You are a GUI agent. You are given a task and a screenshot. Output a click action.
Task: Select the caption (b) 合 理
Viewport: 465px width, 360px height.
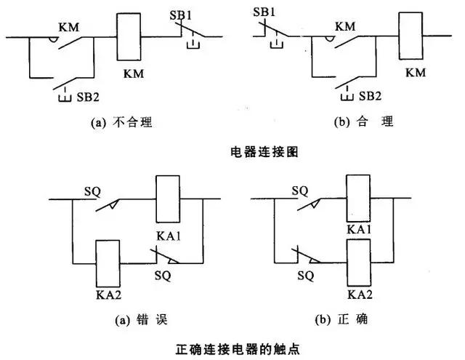click(x=363, y=123)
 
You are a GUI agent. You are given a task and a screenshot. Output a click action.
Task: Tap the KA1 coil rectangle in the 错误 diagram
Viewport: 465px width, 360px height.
click(x=168, y=199)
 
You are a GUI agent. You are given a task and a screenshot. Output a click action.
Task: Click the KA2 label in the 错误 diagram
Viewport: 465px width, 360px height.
click(x=108, y=296)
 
